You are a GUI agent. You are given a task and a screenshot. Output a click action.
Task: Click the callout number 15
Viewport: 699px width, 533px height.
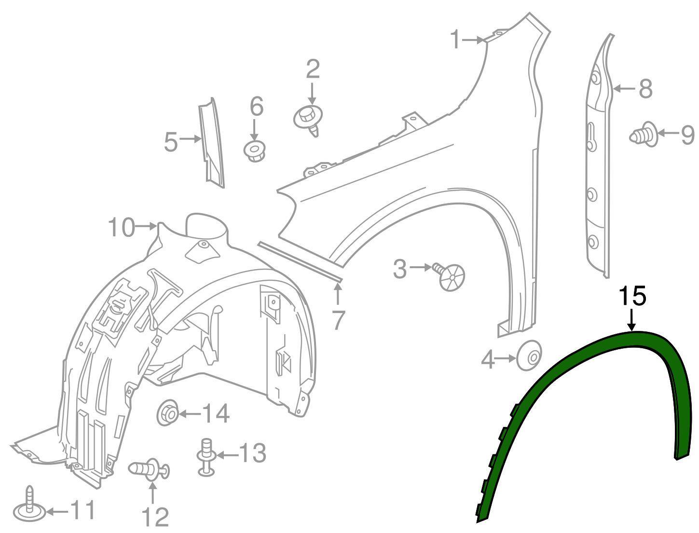632,296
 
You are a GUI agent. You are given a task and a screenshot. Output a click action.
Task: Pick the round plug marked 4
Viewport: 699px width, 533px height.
530,356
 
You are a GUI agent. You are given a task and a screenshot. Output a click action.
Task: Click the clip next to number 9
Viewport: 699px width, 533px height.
643,134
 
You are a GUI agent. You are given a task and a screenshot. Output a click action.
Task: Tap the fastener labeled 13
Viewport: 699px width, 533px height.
206,456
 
